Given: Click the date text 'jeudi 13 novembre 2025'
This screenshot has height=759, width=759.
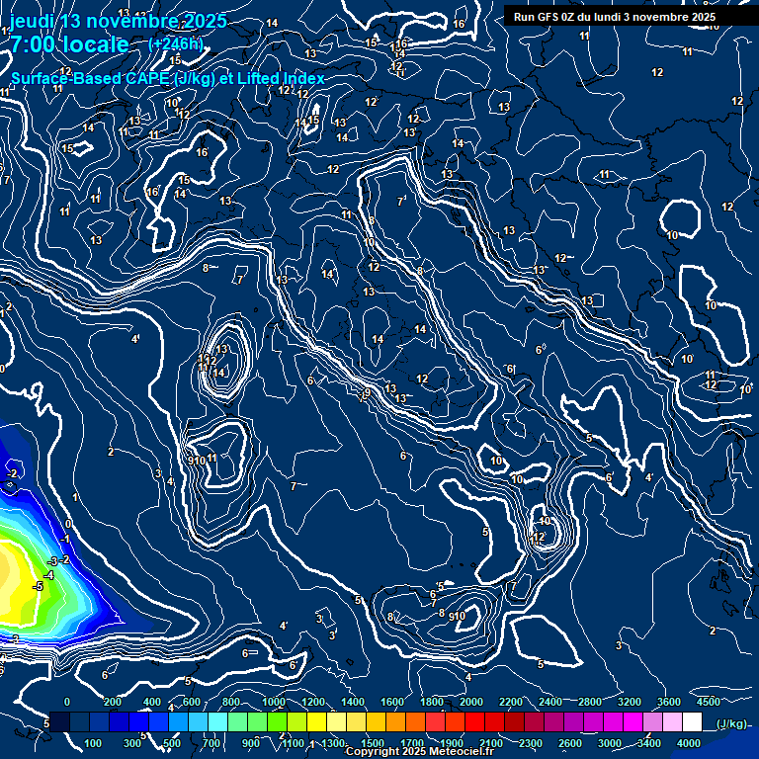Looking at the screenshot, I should [x=118, y=22].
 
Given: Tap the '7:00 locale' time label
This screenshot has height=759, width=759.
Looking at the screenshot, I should [x=69, y=44].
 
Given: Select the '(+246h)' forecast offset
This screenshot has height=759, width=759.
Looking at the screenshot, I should [x=175, y=43].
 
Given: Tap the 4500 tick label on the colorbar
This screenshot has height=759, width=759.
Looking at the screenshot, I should [x=708, y=702].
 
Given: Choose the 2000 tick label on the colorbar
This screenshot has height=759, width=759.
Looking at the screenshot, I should [x=471, y=702].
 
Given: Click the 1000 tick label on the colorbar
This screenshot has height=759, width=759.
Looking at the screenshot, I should [x=273, y=702].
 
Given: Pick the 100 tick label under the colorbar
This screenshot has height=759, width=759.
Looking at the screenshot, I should [x=94, y=743].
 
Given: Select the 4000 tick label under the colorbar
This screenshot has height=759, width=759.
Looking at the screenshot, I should [x=689, y=743].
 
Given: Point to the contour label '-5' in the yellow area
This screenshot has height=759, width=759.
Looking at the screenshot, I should [x=38, y=586].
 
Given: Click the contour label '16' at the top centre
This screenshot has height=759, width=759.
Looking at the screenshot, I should [x=459, y=24].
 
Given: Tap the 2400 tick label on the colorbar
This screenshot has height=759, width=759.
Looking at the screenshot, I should [x=550, y=702].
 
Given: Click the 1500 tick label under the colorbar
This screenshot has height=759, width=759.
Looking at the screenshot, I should [x=373, y=743].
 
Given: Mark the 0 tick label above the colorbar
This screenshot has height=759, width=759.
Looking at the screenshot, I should [x=67, y=702].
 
